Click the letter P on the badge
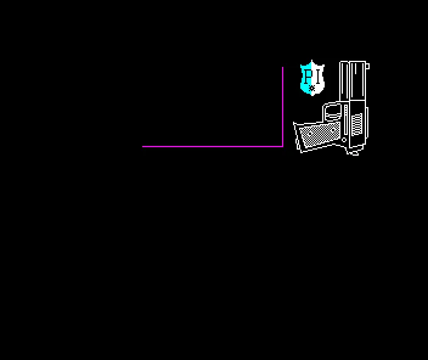tap(308, 77)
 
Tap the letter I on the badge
tap(317, 77)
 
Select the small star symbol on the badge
tap(312, 88)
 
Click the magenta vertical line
tap(283, 106)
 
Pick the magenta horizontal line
tap(213, 147)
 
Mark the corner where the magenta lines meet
tap(283, 147)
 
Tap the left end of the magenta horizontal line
tap(142, 147)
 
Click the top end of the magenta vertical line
tap(283, 67)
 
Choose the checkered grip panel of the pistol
tap(319, 135)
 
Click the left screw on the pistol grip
tap(310, 134)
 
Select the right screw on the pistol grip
tap(333, 130)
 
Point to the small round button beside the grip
tap(344, 140)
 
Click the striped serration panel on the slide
tap(357, 125)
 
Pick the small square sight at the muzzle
tap(367, 66)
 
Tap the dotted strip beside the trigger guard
tap(346, 111)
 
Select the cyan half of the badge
tap(306, 78)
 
